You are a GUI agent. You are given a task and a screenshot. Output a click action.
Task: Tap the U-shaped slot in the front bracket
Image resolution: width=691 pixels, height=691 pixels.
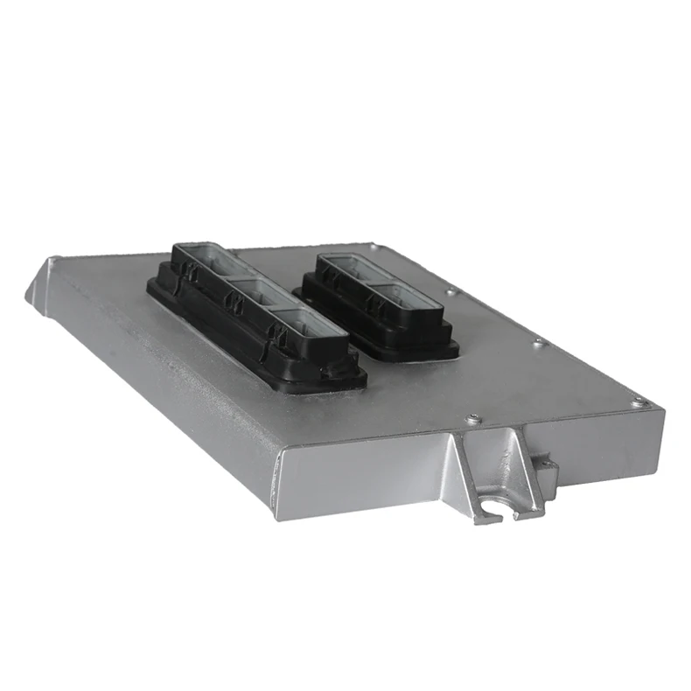[x=497, y=505]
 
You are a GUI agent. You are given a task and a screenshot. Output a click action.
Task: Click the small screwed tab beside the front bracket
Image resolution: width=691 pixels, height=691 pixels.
[x=546, y=470]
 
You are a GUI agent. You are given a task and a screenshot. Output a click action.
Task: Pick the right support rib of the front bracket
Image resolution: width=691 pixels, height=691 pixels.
[x=525, y=468]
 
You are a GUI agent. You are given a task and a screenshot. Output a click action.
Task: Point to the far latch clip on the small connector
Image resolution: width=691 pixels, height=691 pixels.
[x=331, y=276]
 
